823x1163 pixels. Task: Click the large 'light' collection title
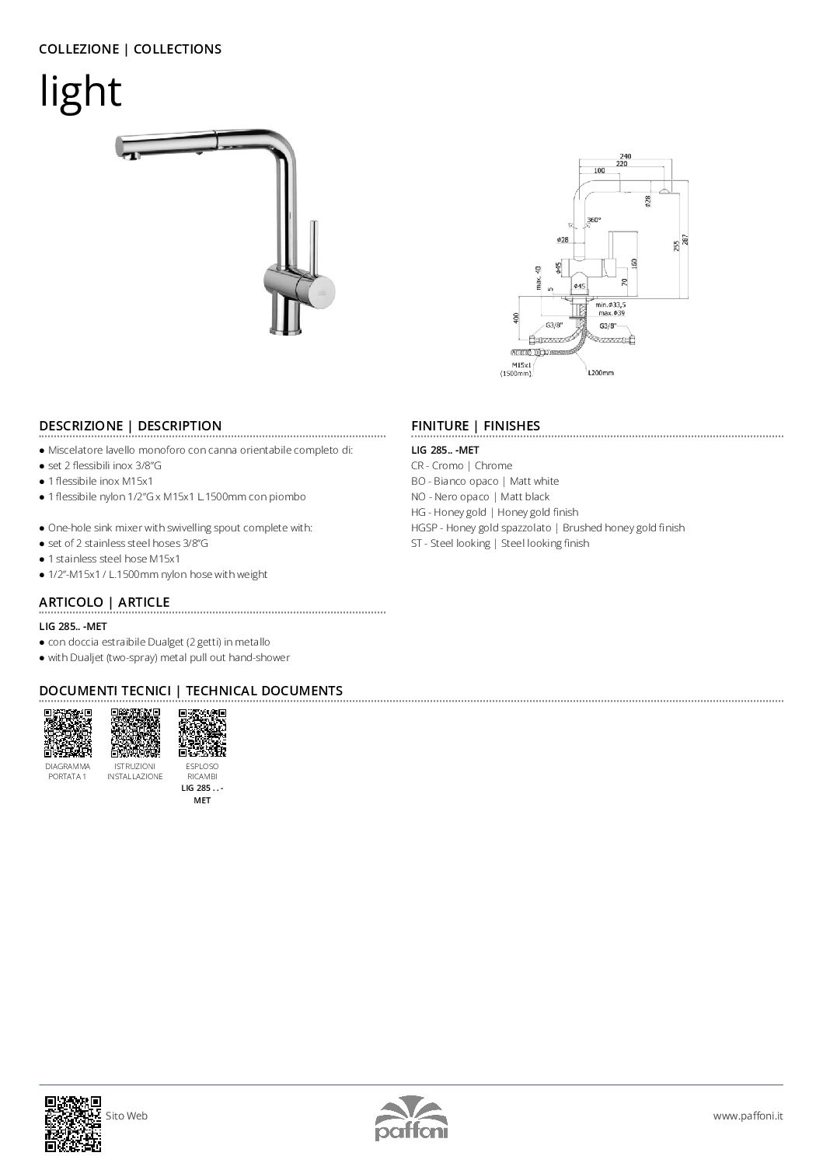tap(81, 92)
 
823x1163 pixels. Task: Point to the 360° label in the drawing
tap(595, 220)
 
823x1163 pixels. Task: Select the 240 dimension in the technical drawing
tap(625, 156)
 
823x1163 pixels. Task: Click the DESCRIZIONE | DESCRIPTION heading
tap(131, 426)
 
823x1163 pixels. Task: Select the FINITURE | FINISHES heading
tap(475, 426)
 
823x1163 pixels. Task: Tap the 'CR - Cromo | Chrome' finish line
tap(462, 465)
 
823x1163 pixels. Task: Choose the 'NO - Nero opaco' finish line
tap(480, 496)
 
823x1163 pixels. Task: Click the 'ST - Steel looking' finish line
tap(500, 543)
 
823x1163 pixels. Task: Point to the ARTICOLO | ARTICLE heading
tap(104, 602)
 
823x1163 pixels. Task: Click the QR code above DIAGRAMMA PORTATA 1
tap(68, 733)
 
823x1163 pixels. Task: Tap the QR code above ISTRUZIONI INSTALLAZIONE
tap(135, 733)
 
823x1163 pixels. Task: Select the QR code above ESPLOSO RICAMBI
tap(203, 733)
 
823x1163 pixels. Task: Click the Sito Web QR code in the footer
tap(73, 1123)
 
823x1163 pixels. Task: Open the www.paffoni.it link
tap(748, 1116)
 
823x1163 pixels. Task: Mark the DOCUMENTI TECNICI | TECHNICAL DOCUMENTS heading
tap(190, 691)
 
